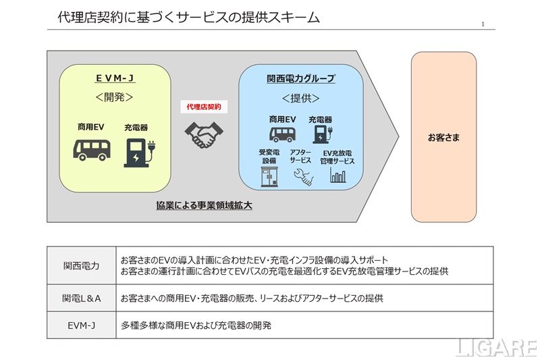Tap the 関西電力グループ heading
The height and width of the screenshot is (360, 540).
coord(300,78)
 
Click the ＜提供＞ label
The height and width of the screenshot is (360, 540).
coord(300,98)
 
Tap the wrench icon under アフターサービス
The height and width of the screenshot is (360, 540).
coord(302,177)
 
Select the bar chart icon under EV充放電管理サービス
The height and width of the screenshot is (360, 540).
coord(337,176)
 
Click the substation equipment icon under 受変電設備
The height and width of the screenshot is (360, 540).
coord(269,177)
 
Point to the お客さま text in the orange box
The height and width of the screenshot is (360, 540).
coord(443,138)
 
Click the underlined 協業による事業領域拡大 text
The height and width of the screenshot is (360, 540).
coord(204,205)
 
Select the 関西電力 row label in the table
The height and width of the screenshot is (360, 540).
coord(81,265)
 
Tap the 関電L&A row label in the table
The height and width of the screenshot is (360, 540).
coord(81,298)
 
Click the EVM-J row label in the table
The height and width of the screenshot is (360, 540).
coord(81,325)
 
